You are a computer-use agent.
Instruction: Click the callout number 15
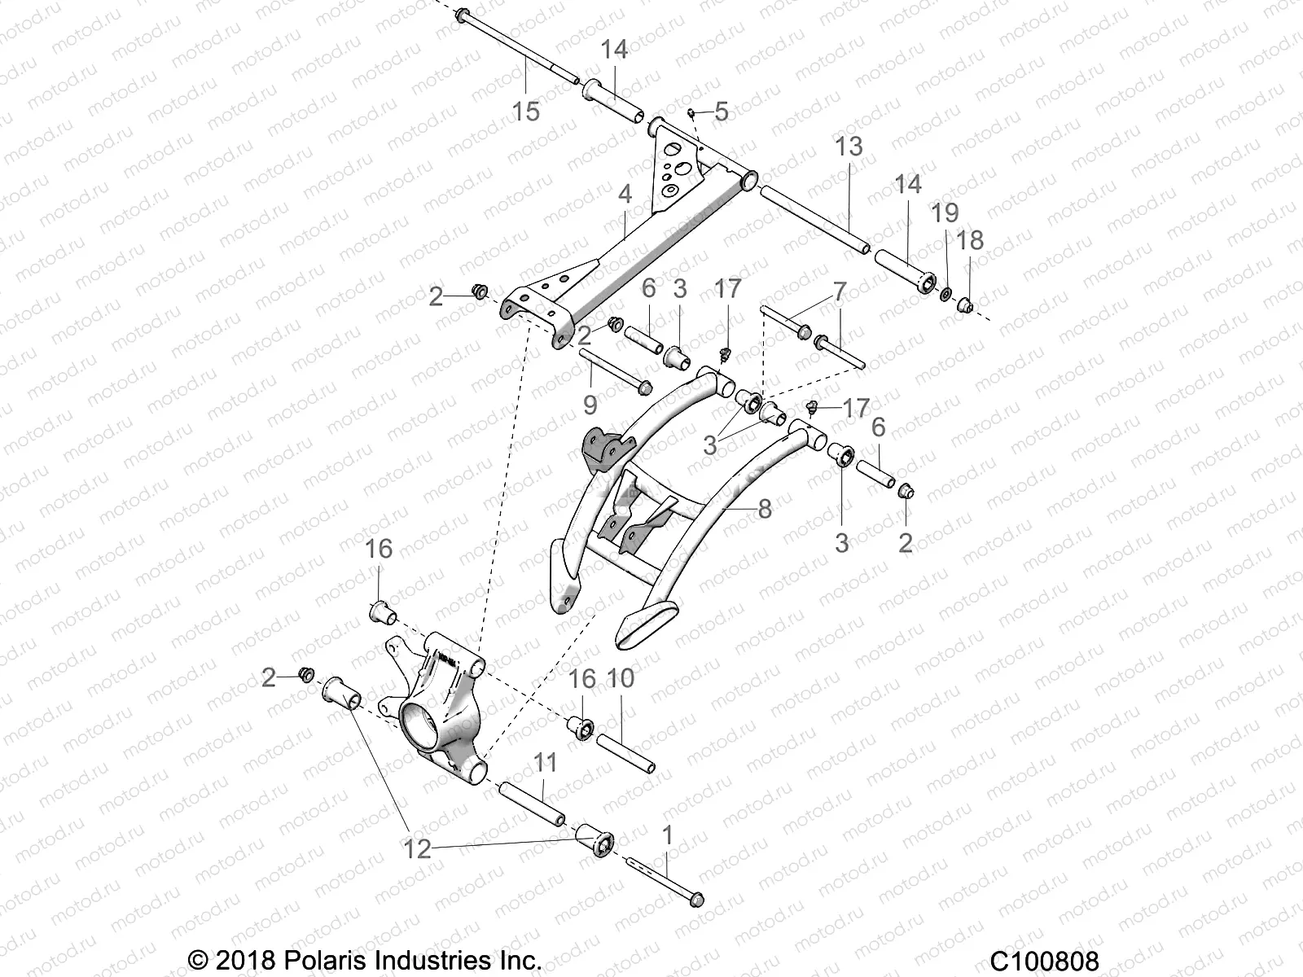click(x=526, y=110)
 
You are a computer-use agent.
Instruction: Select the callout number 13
click(x=849, y=147)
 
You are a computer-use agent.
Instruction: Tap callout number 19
click(x=945, y=213)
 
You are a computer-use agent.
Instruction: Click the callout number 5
click(x=721, y=112)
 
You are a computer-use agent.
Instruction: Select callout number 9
click(x=590, y=405)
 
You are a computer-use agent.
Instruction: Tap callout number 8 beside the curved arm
click(x=764, y=509)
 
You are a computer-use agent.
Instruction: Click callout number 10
click(x=621, y=679)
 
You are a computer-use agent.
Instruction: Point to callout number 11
click(x=545, y=763)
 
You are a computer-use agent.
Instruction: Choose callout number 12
click(x=417, y=848)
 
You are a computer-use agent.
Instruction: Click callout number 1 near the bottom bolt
click(x=668, y=835)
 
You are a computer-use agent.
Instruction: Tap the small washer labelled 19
click(x=947, y=292)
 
